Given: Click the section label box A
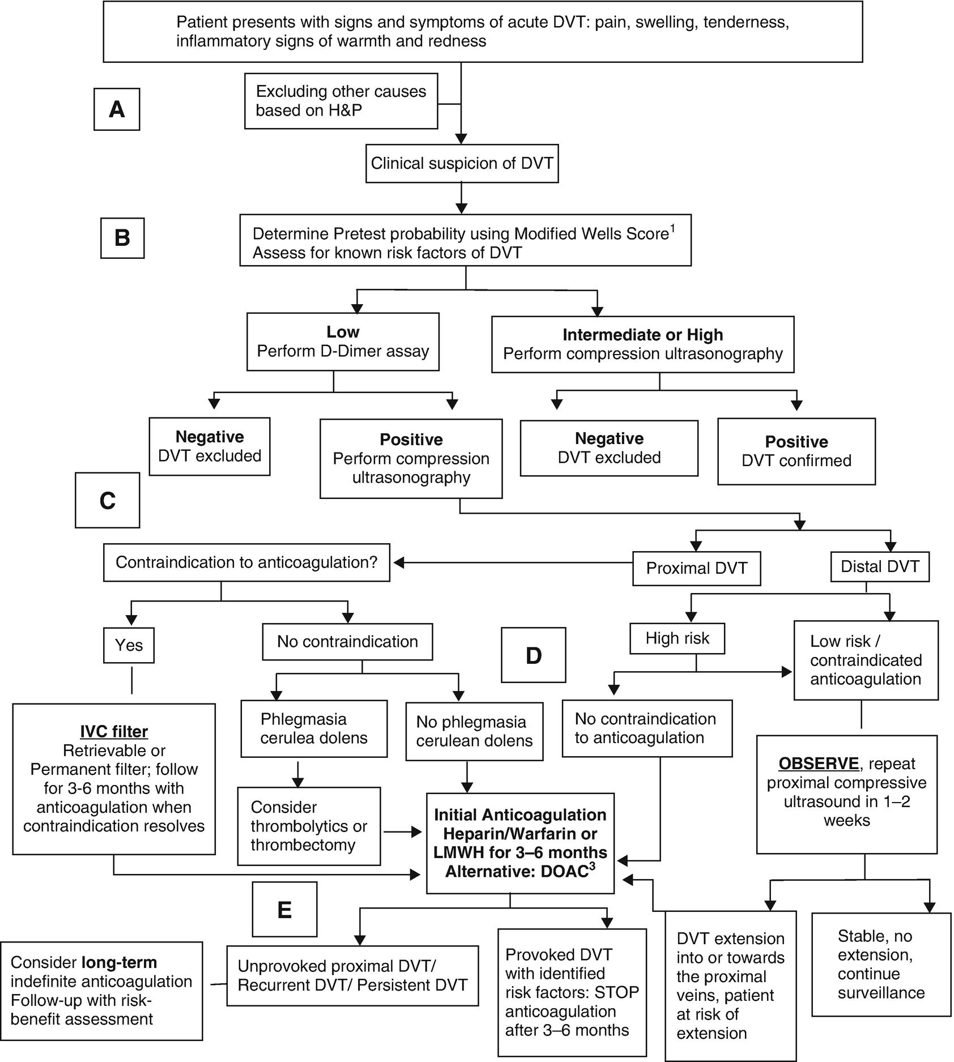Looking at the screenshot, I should [117, 109].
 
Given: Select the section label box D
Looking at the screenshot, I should [533, 655].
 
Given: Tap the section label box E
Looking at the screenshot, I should [284, 909].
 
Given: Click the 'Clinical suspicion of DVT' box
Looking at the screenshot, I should [462, 164].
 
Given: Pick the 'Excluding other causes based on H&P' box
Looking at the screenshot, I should [341, 101].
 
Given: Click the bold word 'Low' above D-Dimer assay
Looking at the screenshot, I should [343, 332].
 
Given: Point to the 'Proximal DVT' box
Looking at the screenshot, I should [696, 569].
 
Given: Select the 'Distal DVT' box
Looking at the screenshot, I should [879, 566].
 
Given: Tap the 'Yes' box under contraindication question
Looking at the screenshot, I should [129, 645].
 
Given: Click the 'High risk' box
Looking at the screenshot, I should [677, 638].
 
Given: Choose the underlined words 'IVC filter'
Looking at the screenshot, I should [114, 732].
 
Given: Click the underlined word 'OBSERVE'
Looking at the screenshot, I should [819, 764].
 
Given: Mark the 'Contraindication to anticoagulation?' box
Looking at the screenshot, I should [246, 562].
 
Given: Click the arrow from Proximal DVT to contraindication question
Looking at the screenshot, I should [510, 563].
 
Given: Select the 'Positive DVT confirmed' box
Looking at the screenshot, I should [796, 451].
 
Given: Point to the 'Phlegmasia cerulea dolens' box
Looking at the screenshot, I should [314, 728].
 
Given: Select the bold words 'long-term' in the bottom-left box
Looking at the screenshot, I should [120, 962].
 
